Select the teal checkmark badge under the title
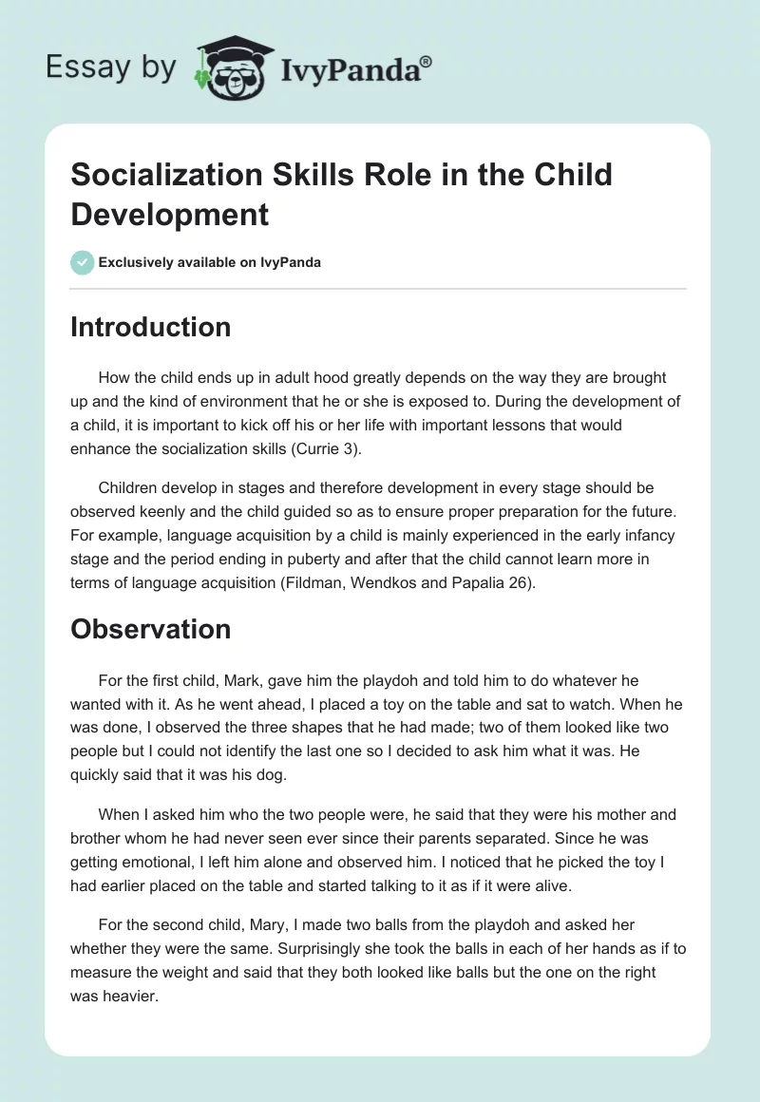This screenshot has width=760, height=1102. click(83, 262)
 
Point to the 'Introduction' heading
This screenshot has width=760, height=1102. click(150, 327)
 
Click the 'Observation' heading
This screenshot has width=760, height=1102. click(150, 629)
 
